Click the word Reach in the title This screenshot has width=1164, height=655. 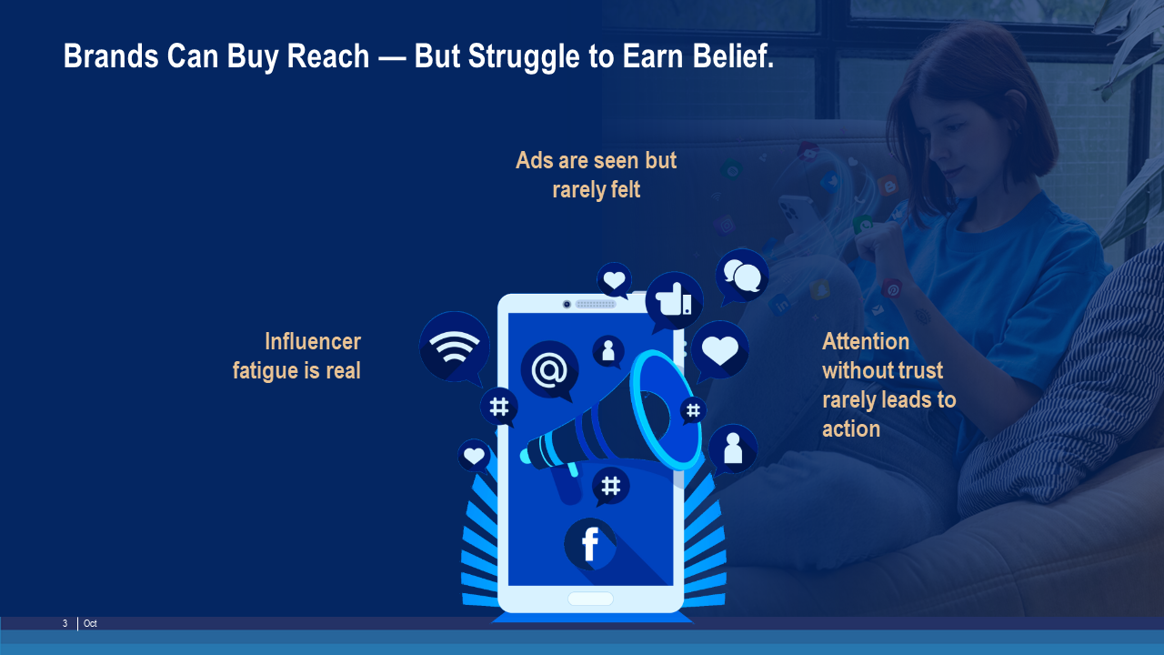(x=327, y=55)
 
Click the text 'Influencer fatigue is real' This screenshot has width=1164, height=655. (x=296, y=356)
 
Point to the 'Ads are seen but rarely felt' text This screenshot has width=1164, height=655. (x=596, y=176)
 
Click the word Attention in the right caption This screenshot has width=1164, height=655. (x=866, y=342)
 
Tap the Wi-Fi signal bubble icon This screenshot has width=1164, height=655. (x=454, y=348)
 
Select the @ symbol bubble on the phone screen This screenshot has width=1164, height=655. (x=550, y=370)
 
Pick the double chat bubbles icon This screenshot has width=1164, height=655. (x=741, y=276)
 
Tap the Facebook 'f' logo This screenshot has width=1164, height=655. (x=590, y=544)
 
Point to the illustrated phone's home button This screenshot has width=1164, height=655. (x=590, y=599)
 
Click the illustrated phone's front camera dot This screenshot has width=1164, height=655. (x=567, y=304)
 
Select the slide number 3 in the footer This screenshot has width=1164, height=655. (x=65, y=623)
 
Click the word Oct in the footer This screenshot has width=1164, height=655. (x=90, y=623)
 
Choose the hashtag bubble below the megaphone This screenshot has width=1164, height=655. (x=610, y=487)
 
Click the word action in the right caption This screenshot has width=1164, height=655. (x=851, y=429)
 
